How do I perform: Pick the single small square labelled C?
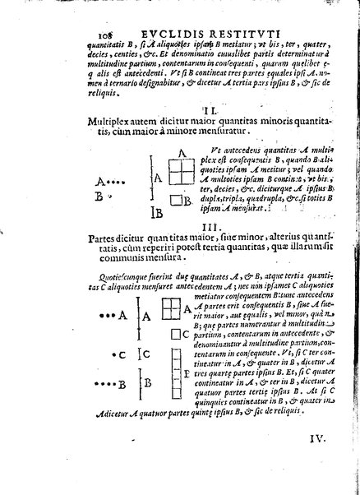pyautogui.click(x=173, y=335)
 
